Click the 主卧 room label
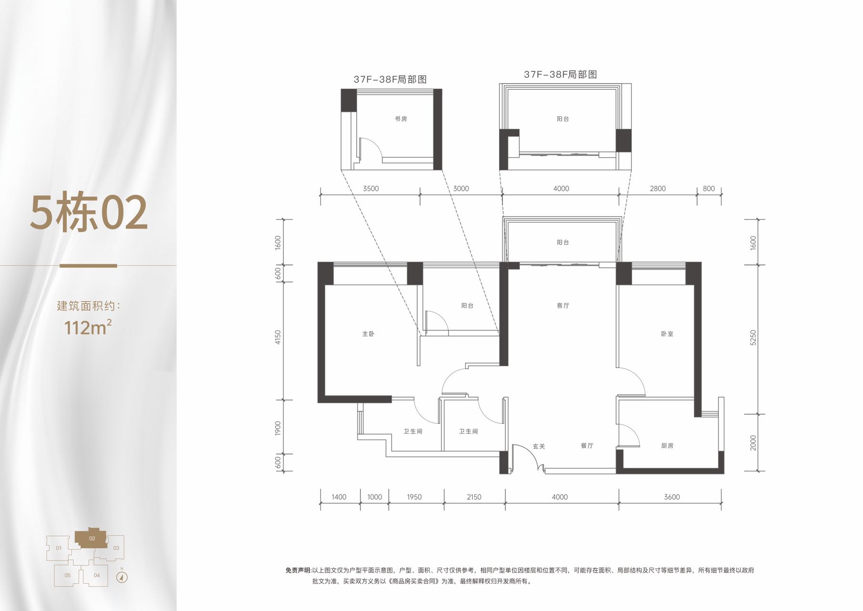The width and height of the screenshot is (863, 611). coord(368,334)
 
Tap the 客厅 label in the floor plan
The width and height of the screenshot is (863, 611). coord(563,305)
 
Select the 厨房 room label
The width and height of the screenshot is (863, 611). coord(668,446)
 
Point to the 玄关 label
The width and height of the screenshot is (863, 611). coord(539,446)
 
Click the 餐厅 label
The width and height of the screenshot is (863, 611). coord(587,446)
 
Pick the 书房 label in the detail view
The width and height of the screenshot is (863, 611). coord(401,119)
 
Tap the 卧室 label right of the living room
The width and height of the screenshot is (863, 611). coord(668,334)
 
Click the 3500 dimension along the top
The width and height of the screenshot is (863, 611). coord(370,189)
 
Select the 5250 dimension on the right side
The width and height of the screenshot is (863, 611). coord(753,338)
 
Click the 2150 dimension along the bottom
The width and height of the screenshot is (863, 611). coord(474,497)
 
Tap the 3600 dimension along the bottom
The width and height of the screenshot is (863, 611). coord(672,497)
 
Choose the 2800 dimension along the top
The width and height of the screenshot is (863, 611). coord(658,189)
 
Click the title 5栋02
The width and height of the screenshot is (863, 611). coord(89,212)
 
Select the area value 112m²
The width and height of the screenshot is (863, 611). coord(88,327)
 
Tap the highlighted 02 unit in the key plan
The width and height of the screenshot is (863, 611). coord(92,538)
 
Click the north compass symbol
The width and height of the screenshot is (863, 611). coord(122,578)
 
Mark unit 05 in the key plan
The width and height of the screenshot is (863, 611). coord(68,575)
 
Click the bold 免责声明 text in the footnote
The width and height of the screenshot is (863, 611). coord(298,570)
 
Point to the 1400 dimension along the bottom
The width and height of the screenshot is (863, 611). coord(339,497)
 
